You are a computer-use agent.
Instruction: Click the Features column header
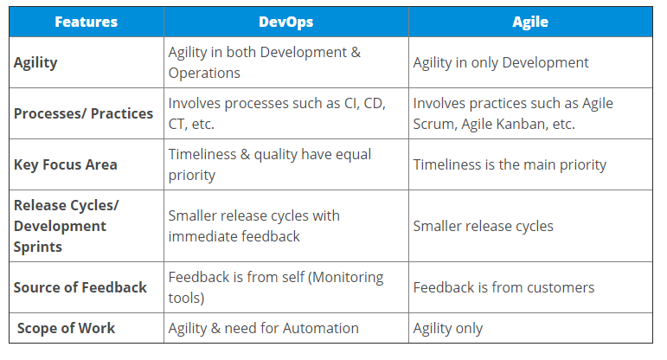click(x=86, y=22)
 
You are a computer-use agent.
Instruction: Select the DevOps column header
click(x=285, y=22)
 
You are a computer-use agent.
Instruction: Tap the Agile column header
click(x=530, y=22)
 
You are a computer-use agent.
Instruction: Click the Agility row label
click(x=35, y=63)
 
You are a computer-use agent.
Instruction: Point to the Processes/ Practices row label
click(x=83, y=113)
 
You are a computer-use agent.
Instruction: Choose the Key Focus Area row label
click(x=66, y=165)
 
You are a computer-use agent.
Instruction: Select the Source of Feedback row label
click(x=80, y=287)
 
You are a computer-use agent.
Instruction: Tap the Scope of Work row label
click(x=66, y=328)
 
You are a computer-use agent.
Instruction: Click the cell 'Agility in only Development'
click(x=501, y=63)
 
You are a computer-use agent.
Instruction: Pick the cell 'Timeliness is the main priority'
click(x=510, y=165)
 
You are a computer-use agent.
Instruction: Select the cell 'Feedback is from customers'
click(x=503, y=287)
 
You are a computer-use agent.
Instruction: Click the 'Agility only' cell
click(x=448, y=329)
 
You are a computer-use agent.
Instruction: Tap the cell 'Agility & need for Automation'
click(x=263, y=329)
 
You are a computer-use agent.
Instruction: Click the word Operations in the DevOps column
click(x=204, y=74)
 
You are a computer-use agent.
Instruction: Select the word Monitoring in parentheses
click(x=345, y=278)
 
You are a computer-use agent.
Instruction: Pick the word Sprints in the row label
click(x=37, y=247)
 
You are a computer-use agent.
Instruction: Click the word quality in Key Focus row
click(x=276, y=155)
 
